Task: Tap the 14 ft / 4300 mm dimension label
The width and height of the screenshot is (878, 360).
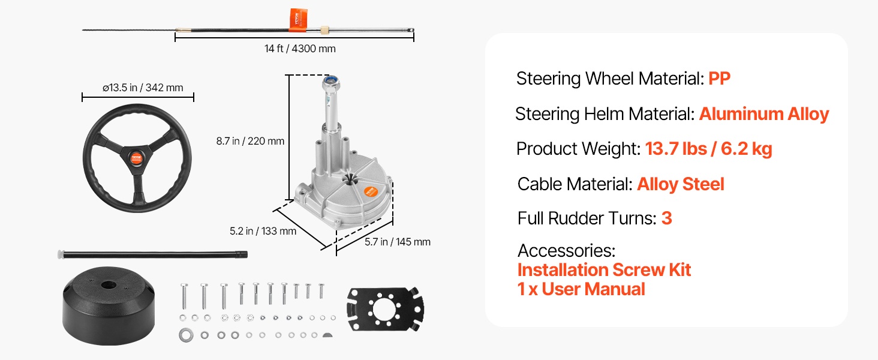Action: pos(300,49)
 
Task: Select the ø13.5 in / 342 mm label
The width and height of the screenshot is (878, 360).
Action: pos(142,88)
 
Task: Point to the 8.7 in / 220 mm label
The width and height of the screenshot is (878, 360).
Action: pos(250,142)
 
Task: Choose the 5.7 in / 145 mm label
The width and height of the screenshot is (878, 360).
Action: pos(398,242)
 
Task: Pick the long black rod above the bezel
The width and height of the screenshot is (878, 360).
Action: pos(153,254)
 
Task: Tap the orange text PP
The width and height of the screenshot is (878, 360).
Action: pos(719,79)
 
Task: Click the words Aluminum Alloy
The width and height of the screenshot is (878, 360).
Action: pos(763,114)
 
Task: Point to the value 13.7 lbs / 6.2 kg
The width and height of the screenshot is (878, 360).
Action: pos(708,149)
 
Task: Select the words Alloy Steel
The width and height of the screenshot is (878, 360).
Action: pos(680,184)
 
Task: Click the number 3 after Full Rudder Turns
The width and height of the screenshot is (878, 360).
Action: pos(666,218)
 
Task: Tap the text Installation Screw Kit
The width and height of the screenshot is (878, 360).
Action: pos(604,270)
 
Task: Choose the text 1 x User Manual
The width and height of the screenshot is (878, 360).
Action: pos(581,289)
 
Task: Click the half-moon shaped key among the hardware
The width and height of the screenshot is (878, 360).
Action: pos(327,334)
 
